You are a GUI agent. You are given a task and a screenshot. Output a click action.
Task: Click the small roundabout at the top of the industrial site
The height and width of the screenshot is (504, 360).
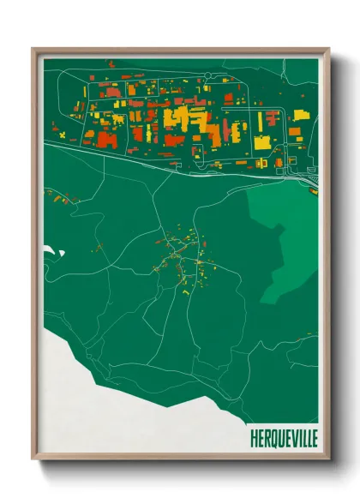[x=206, y=77]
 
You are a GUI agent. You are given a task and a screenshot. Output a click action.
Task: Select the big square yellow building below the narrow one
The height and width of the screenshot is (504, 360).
[x=261, y=141]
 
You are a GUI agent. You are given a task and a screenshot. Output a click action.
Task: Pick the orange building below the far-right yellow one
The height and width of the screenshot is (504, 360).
[x=295, y=131]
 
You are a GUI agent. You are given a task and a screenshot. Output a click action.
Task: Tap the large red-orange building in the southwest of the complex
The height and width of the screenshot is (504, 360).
[x=106, y=139]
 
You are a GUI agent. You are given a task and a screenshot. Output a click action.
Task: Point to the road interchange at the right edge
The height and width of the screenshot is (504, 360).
[x=310, y=178]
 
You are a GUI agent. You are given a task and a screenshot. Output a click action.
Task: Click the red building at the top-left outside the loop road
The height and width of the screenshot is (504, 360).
[x=109, y=63]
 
